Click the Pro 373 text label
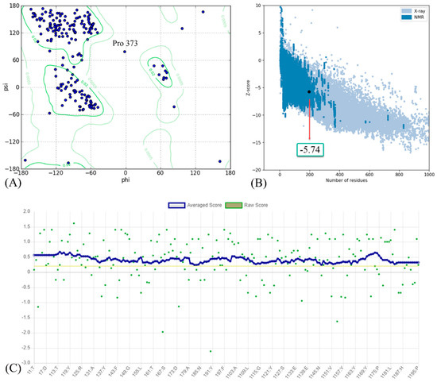pos(130,41)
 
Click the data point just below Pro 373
pos(125,52)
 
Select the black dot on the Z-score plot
pos(309,91)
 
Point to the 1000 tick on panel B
pos(427,174)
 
